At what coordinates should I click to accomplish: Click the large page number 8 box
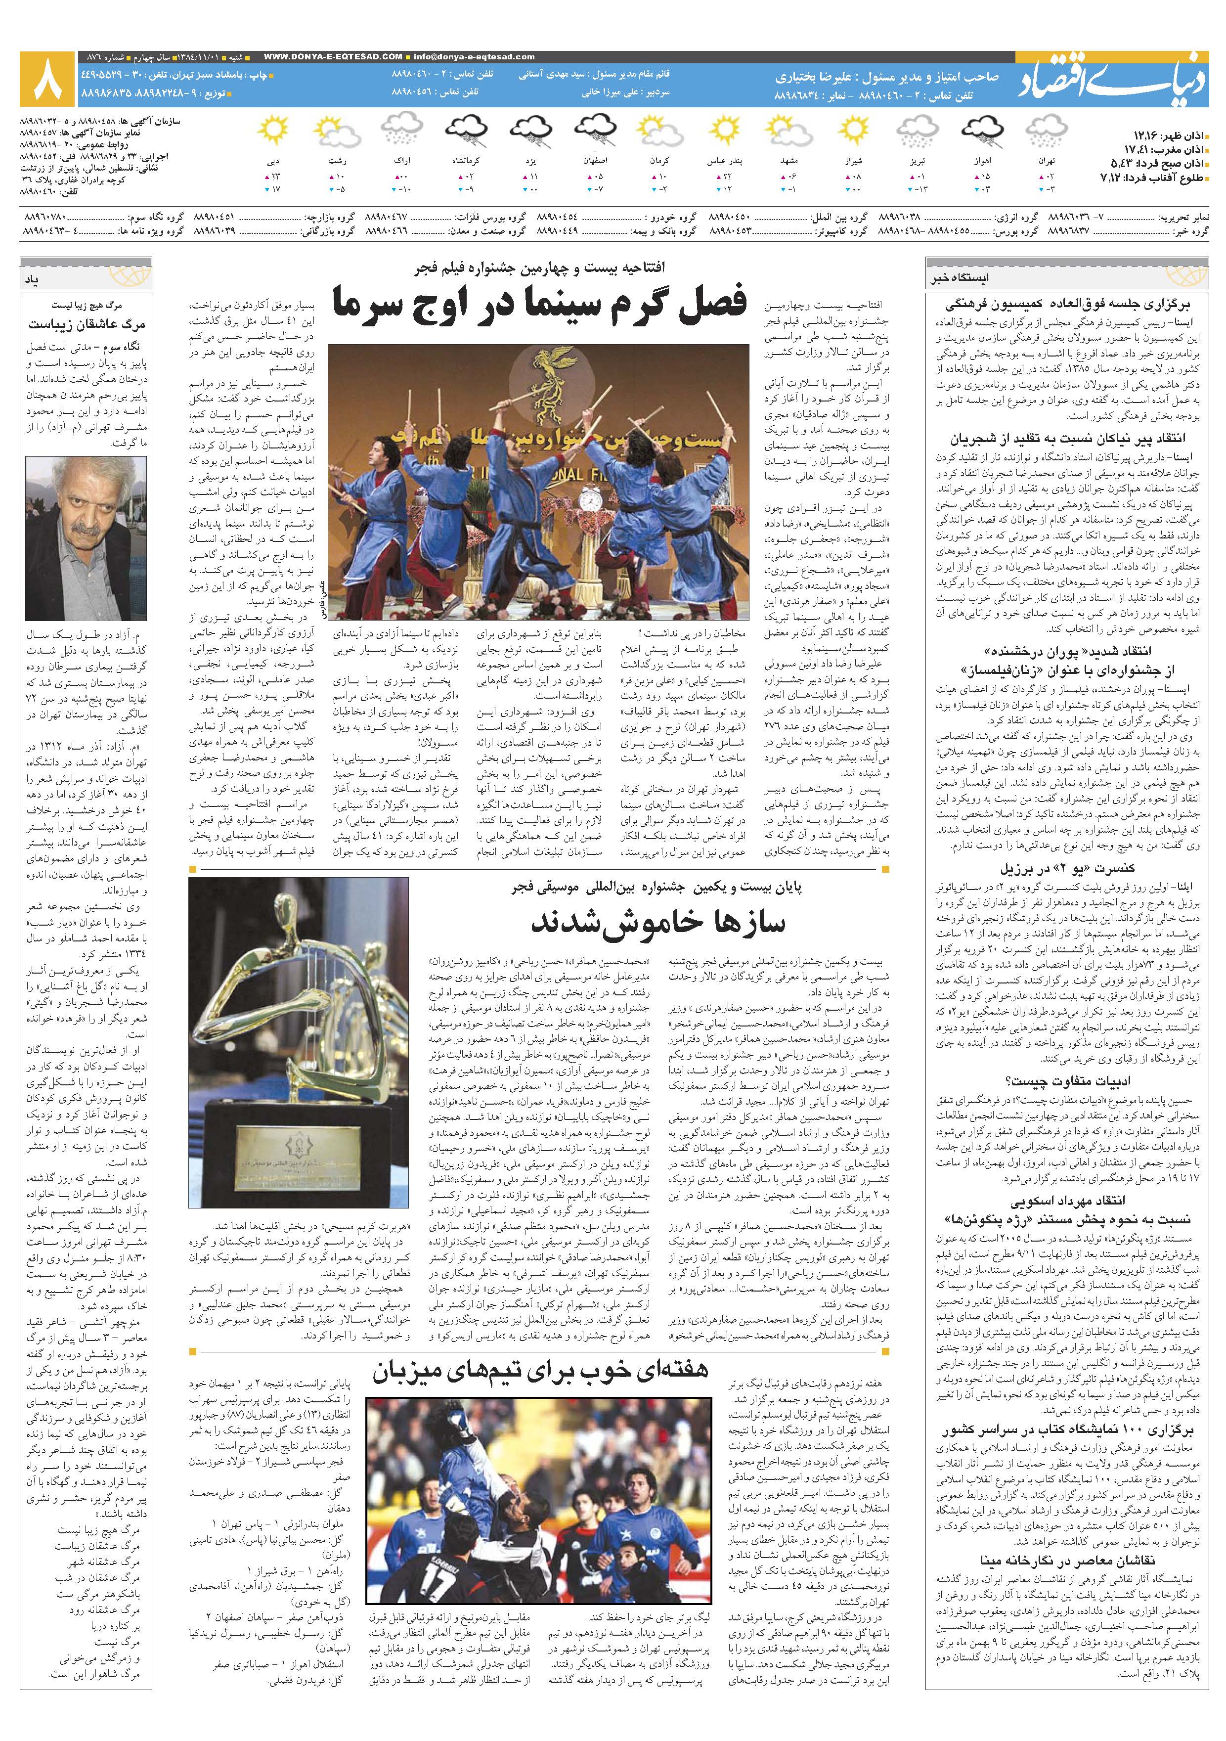click(47, 79)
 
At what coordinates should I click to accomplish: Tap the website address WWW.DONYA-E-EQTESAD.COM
click(334, 56)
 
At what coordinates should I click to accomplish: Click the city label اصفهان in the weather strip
click(594, 161)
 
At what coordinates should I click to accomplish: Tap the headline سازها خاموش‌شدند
click(657, 921)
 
